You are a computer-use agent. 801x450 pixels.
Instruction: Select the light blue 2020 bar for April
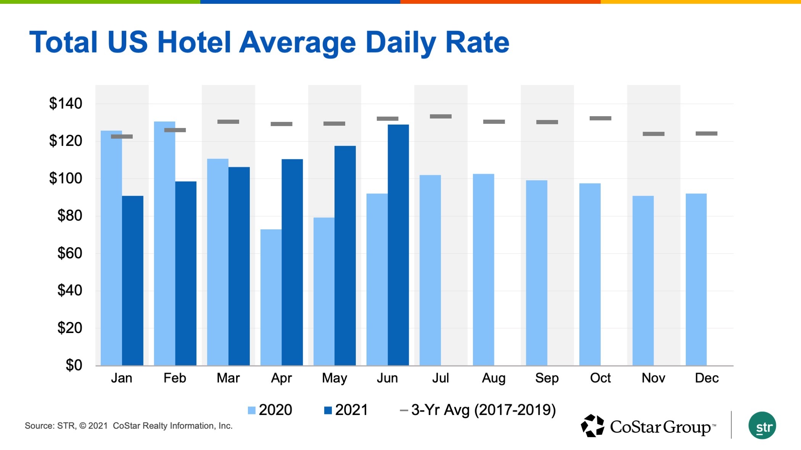[271, 297]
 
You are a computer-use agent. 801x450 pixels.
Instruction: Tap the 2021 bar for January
[133, 280]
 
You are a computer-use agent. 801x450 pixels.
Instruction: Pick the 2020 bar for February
[164, 244]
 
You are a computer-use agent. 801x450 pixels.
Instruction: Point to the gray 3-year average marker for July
[441, 116]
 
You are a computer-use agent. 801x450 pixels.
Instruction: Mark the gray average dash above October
[600, 118]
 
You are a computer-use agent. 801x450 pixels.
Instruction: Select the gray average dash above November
[653, 134]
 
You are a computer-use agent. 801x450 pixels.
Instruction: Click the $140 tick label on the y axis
[66, 103]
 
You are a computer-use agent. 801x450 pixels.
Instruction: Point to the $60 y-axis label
[69, 253]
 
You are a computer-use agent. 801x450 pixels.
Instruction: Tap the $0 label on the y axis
[74, 365]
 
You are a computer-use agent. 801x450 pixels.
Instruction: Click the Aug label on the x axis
[494, 378]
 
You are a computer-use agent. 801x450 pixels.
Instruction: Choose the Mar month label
[228, 378]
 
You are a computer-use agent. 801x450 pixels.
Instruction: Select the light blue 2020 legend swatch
[251, 410]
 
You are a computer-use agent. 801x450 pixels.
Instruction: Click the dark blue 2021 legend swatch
[328, 410]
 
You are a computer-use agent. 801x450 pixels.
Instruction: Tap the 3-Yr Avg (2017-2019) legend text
[483, 410]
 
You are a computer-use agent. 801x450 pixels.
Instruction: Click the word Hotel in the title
[194, 42]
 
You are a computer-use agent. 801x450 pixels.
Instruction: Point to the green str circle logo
[762, 426]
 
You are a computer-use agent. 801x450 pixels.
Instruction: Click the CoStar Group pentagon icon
[592, 426]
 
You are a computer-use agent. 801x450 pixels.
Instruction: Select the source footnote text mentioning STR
[129, 426]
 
